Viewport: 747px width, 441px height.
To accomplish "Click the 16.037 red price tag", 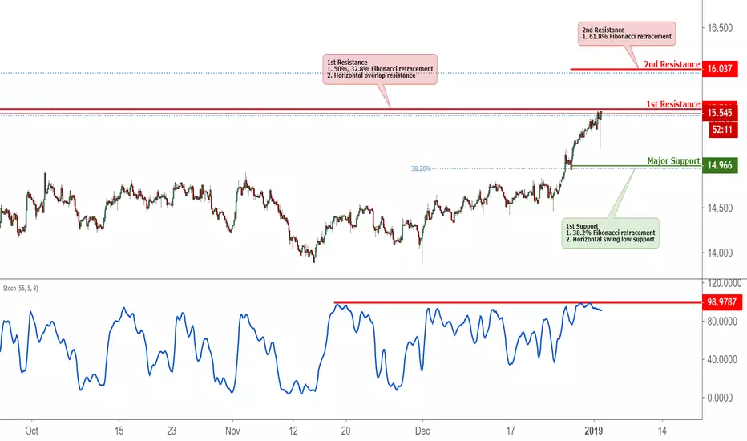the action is [x=720, y=69].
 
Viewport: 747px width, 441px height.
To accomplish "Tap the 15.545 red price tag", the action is [x=720, y=113].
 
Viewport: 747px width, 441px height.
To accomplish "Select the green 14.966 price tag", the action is [x=720, y=165].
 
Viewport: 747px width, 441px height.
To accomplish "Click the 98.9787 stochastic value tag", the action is [x=721, y=302].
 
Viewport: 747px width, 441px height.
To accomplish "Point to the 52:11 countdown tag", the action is [x=723, y=130].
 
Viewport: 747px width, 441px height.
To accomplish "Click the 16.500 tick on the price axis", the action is [x=720, y=28].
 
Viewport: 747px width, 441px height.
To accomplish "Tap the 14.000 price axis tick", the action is [x=720, y=253].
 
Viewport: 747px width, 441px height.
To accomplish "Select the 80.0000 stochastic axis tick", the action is [x=722, y=322].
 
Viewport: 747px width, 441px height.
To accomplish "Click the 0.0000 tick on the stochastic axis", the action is [x=720, y=398].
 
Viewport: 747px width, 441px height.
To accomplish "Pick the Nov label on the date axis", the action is [x=232, y=431].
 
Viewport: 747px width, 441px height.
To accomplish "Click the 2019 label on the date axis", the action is [x=594, y=431].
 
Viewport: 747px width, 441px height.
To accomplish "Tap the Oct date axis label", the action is [x=31, y=431].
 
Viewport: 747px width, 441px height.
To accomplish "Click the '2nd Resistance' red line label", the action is [x=672, y=64].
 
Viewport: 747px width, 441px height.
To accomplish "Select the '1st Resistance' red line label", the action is [x=673, y=104].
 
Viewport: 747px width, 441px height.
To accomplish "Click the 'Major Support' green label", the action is [x=673, y=161].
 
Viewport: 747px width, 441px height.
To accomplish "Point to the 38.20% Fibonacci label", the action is [x=421, y=168].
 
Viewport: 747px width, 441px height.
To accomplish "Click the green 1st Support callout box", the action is [x=610, y=233].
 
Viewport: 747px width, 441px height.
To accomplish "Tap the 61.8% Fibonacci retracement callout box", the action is [x=627, y=34].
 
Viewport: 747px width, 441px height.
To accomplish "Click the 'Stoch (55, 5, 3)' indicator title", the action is [x=21, y=289].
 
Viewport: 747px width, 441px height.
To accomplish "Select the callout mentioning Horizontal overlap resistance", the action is [x=380, y=69].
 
